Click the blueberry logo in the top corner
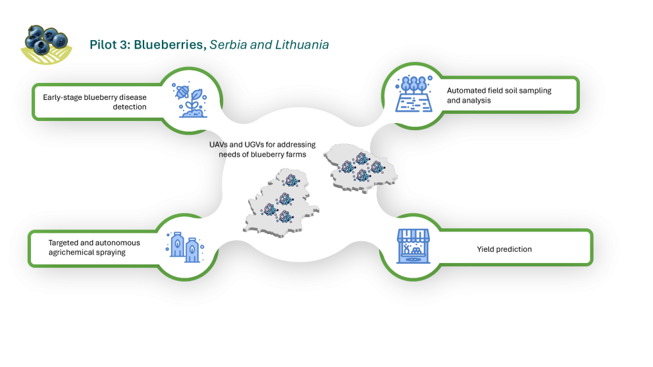[x=45, y=43]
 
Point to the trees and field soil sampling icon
[x=413, y=93]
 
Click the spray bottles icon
[x=184, y=249]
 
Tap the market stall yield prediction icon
[x=413, y=246]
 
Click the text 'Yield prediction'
[x=504, y=249]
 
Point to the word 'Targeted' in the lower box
[x=64, y=243]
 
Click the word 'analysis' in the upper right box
[x=477, y=101]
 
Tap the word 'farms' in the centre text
[x=296, y=155]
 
